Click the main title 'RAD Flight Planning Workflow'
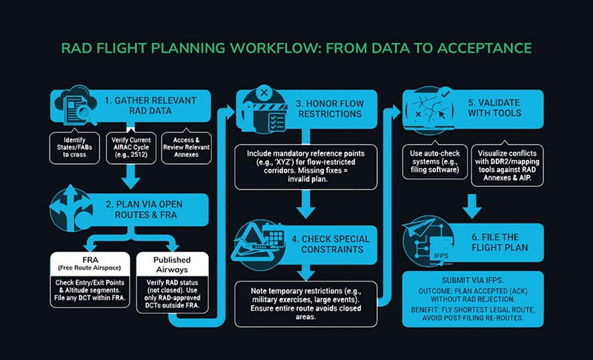click(x=296, y=49)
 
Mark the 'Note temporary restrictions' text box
click(x=306, y=300)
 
